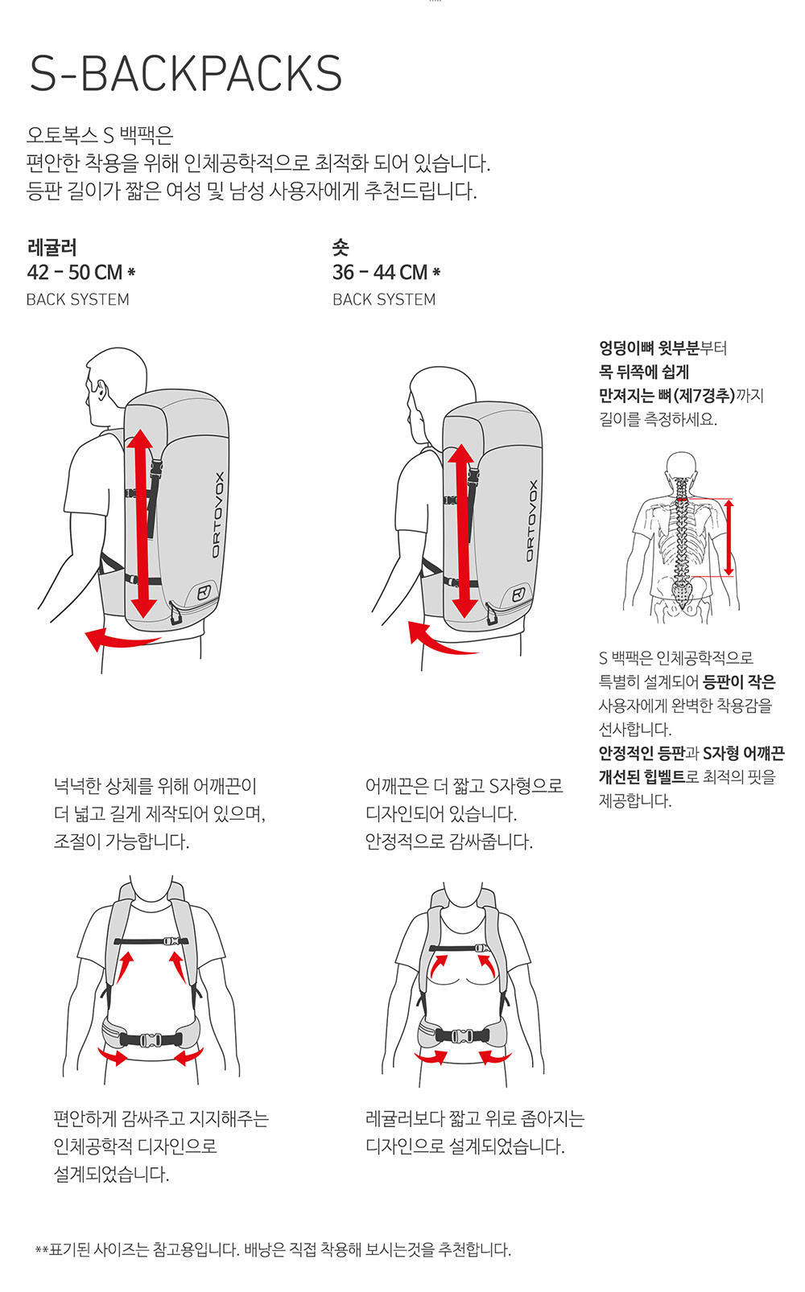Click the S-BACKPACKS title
pos(186,73)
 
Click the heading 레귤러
pos(52,248)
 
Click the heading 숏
pos(341,248)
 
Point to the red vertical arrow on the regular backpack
pos(142,524)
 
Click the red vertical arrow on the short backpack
pos(461,531)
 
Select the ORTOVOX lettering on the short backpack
pos(531,521)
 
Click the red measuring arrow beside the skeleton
pos(729,537)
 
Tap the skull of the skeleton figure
pos(682,467)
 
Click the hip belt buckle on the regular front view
pos(150,1040)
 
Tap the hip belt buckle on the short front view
pos(461,1036)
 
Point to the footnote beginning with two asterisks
pos(273,1249)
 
